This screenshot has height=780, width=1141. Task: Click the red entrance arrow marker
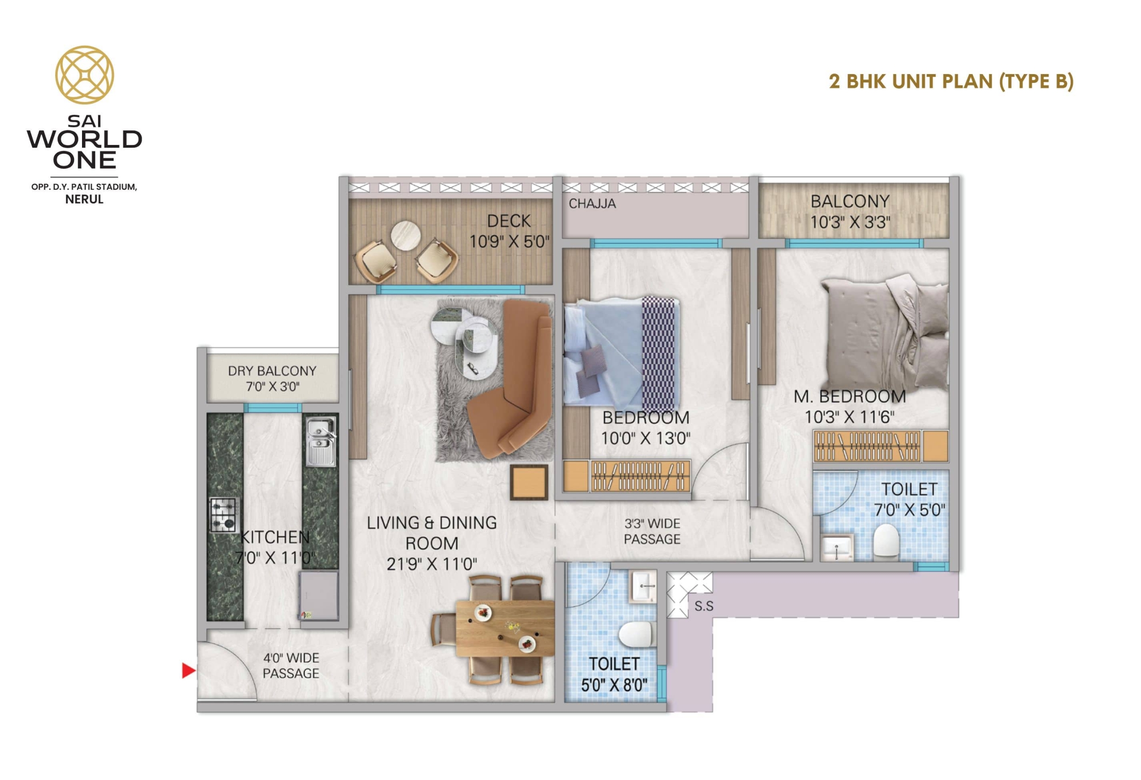click(x=189, y=670)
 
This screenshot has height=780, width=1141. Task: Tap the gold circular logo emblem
click(x=84, y=75)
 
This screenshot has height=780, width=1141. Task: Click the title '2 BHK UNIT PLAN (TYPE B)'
click(x=951, y=82)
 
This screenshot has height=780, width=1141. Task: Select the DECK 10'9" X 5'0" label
click(x=509, y=231)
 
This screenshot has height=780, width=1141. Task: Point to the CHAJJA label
click(x=592, y=203)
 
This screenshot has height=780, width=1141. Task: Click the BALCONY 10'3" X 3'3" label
click(x=850, y=212)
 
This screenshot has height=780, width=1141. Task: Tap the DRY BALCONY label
click(x=272, y=371)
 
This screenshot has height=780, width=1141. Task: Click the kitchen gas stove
click(x=224, y=515)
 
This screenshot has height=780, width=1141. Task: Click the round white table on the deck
click(x=406, y=236)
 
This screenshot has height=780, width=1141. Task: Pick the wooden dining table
click(x=505, y=628)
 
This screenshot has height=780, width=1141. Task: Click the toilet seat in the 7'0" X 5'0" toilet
click(x=886, y=541)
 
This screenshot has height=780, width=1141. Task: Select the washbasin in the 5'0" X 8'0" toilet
click(x=644, y=586)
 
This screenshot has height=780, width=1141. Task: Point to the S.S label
click(x=704, y=607)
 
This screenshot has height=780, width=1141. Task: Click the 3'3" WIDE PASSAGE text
click(x=652, y=531)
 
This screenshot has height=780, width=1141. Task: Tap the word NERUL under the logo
click(x=84, y=199)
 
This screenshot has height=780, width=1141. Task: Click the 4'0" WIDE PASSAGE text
click(x=291, y=665)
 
